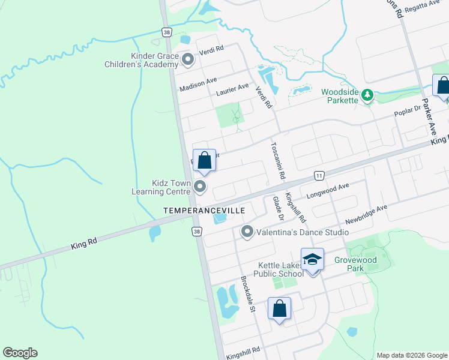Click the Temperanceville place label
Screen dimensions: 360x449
[x=204, y=211]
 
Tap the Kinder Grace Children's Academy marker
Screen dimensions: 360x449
[x=188, y=59]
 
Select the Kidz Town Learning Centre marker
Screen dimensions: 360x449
[x=200, y=188]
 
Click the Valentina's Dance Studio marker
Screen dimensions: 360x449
[x=247, y=232]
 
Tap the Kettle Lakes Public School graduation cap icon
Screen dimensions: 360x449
[x=312, y=260]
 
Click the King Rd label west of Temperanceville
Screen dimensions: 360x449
[x=83, y=241]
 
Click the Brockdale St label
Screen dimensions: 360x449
[x=248, y=294]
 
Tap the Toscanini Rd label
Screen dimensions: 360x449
[x=277, y=160]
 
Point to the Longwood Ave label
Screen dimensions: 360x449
[x=328, y=190]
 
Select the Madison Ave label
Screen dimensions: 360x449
[x=198, y=85]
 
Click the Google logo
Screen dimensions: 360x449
[x=20, y=353]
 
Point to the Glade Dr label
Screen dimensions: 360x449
[x=277, y=207]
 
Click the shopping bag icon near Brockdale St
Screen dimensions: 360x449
[x=279, y=309]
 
